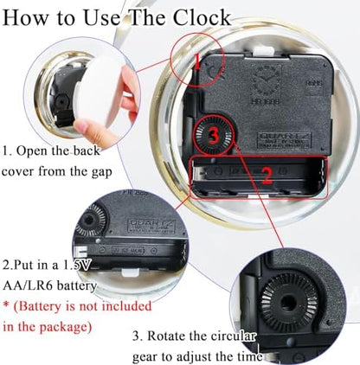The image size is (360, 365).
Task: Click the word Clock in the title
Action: click(202, 18)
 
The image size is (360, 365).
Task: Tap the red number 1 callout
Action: click(197, 61)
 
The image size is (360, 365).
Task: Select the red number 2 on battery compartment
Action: click(267, 176)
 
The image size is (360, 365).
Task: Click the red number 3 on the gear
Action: click(214, 136)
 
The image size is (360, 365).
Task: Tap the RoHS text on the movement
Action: click(314, 83)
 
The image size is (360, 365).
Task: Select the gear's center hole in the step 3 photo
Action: click(286, 304)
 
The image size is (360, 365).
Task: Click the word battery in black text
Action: click(76, 286)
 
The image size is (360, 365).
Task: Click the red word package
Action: click(63, 328)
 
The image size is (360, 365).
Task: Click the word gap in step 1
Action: click(101, 173)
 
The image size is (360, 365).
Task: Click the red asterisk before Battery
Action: click(6, 304)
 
